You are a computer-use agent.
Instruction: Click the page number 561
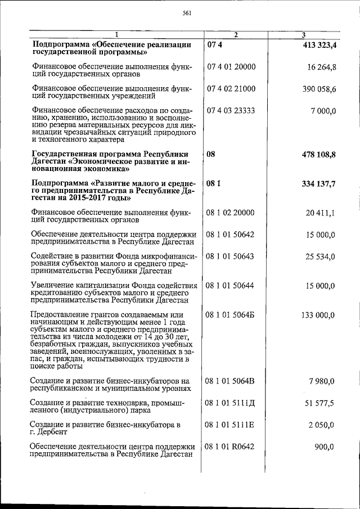point(188,14)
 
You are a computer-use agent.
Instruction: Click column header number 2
point(236,35)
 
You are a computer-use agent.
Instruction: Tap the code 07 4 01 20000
point(231,67)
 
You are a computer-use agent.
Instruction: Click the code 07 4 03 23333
point(231,111)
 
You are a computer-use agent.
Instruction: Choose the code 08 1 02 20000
point(231,213)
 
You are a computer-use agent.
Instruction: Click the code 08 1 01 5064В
point(231,382)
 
